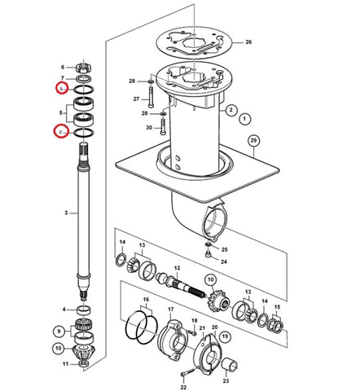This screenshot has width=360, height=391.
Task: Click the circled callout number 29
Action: (253, 141)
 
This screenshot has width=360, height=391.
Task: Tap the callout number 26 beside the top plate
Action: (248, 42)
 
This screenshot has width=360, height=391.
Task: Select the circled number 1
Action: (244, 119)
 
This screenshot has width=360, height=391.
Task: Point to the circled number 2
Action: (231, 110)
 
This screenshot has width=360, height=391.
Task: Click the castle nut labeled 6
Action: (84, 68)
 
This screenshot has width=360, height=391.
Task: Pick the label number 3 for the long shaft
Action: (66, 213)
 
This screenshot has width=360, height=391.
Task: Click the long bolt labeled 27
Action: (151, 96)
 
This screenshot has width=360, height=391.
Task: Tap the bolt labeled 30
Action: (162, 126)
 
